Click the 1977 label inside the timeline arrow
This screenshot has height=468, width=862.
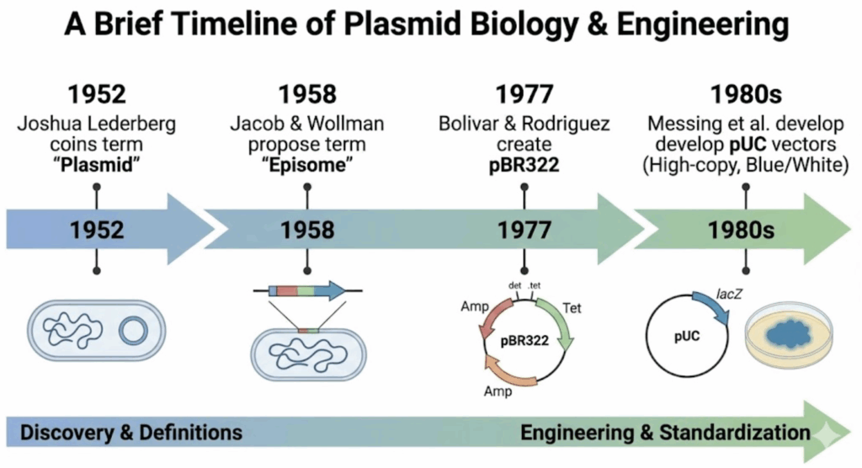pyautogui.click(x=524, y=229)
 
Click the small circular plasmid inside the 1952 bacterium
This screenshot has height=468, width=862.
pyautogui.click(x=133, y=331)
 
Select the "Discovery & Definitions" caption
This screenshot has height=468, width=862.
pyautogui.click(x=131, y=433)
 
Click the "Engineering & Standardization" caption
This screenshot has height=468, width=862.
pyautogui.click(x=665, y=433)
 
